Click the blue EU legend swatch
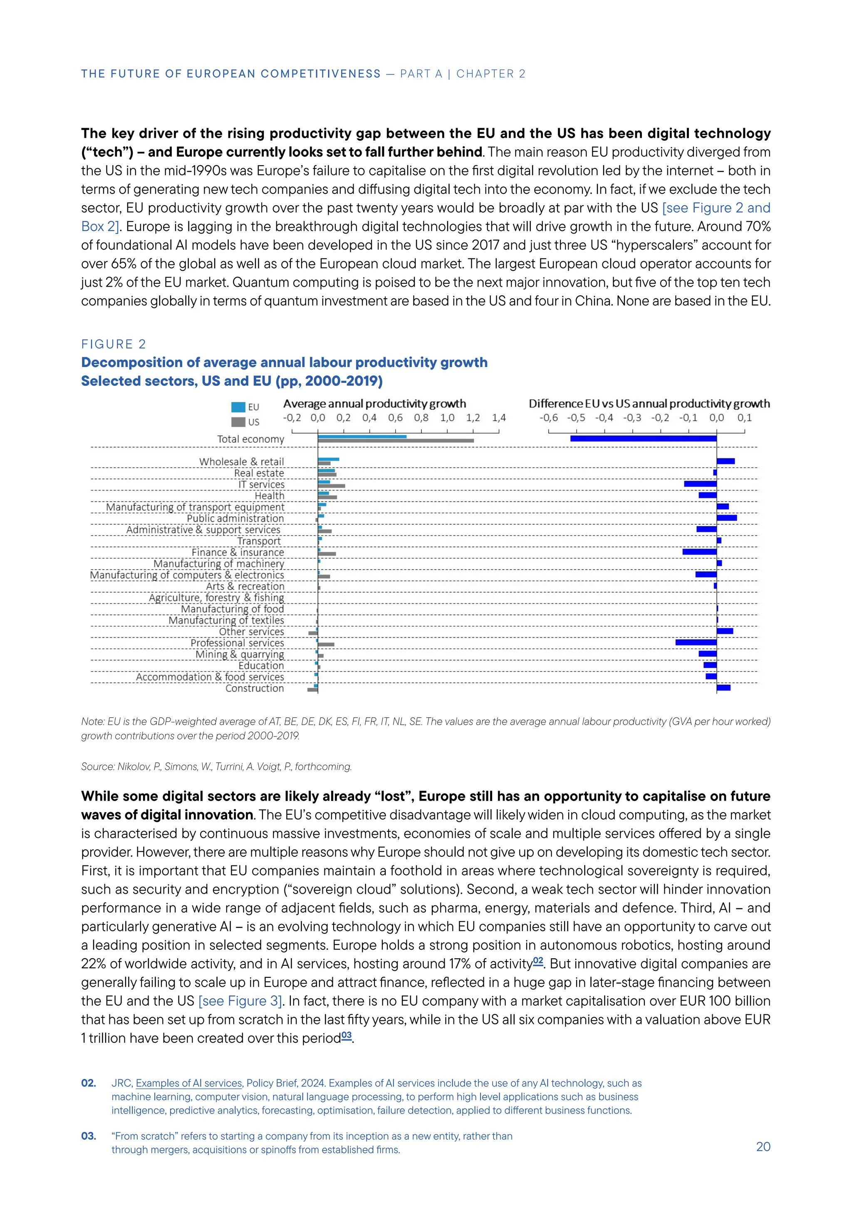238,407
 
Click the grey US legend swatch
238,422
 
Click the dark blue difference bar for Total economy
643,438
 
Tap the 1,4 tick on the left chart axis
499,418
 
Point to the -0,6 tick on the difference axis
549,418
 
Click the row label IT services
261,484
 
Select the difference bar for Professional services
696,642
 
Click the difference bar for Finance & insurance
699,552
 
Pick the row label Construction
255,688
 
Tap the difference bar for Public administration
727,518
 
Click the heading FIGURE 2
113,344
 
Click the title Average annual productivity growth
374,404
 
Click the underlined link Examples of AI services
189,1083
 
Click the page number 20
763,1147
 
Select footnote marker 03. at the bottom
89,1136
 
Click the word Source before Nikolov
97,767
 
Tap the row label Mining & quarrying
239,655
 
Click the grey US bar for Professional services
326,645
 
